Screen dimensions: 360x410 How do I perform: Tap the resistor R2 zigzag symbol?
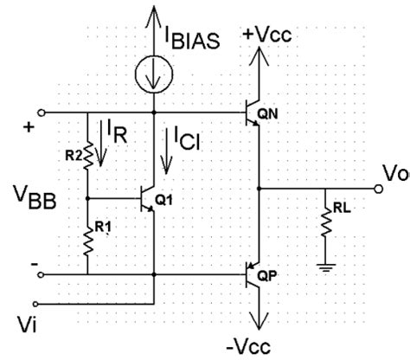point(88,148)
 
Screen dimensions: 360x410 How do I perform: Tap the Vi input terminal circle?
point(39,305)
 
